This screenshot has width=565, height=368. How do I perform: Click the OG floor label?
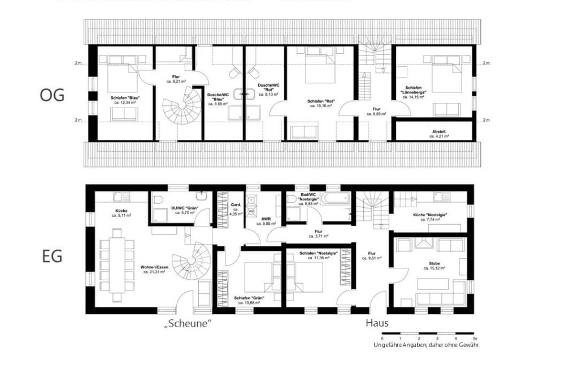(x=52, y=95)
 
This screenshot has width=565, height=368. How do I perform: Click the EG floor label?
(x=52, y=256)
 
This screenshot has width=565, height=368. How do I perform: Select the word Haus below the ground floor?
(x=377, y=323)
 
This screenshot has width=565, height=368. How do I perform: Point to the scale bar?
(x=428, y=333)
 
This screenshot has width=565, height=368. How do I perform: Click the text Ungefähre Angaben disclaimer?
(x=425, y=345)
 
